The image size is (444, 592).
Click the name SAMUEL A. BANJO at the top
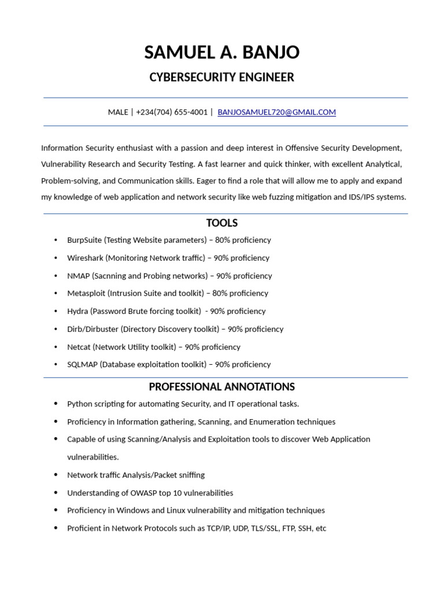point(222,53)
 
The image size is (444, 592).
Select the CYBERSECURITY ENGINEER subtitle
point(222,77)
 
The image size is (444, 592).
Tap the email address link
point(276,112)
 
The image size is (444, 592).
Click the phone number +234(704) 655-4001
point(172,112)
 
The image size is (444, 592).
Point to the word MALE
point(118,112)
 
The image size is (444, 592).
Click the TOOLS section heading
point(222,223)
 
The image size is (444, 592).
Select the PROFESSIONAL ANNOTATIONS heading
point(222,387)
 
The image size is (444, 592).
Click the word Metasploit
point(86,293)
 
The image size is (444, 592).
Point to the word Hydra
point(77,311)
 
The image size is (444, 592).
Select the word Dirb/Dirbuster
point(92,329)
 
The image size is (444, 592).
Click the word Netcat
point(79,347)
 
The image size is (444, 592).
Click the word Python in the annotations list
point(79,404)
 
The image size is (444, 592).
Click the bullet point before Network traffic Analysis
point(55,475)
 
